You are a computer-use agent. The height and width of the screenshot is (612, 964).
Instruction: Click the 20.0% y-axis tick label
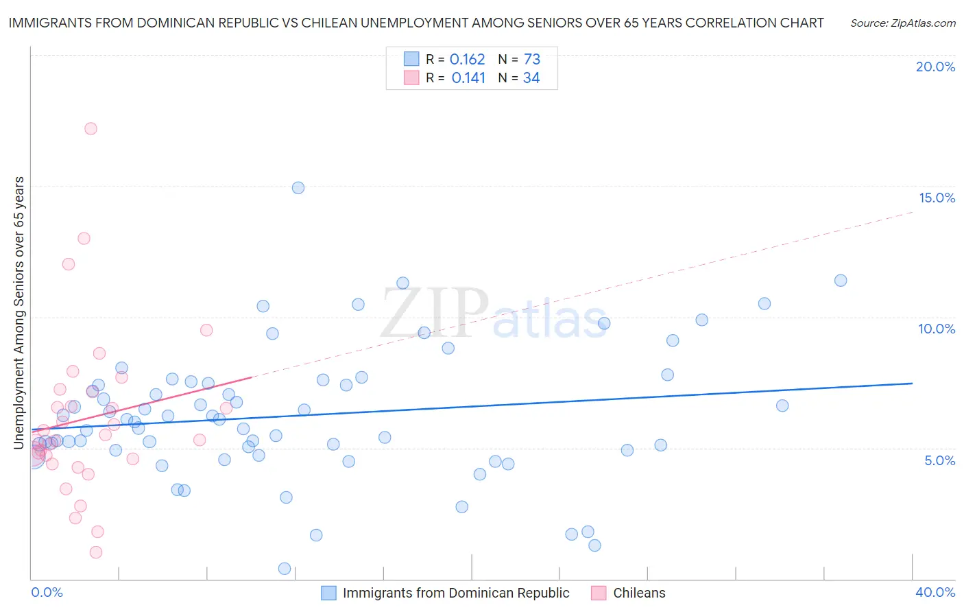[x=935, y=67]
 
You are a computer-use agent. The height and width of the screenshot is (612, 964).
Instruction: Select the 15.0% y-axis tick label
[x=937, y=198]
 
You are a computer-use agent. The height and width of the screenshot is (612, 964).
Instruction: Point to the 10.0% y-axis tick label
[x=937, y=329]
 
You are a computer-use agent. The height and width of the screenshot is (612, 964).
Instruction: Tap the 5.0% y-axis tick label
[x=939, y=460]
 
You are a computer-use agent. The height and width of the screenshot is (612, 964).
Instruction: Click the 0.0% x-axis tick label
[x=47, y=592]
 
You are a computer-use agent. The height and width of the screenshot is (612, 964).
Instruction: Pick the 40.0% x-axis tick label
[x=935, y=592]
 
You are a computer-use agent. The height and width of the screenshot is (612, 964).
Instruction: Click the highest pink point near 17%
[x=91, y=128]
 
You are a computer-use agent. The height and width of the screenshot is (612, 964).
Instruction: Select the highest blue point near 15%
[x=298, y=187]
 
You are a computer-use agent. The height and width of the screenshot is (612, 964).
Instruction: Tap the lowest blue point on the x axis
[x=285, y=568]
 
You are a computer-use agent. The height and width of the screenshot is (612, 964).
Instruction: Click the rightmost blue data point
[x=841, y=280]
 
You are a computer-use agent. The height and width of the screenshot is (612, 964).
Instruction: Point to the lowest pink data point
[x=96, y=552]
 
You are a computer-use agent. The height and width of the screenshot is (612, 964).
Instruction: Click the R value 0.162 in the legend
[x=467, y=60]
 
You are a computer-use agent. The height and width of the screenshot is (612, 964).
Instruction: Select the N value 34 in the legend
[x=531, y=78]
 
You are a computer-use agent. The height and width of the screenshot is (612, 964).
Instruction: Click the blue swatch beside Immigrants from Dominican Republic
[x=328, y=593]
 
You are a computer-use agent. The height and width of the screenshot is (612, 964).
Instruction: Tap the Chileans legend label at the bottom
[x=639, y=593]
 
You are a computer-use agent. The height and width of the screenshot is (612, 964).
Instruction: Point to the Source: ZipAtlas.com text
[x=902, y=23]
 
